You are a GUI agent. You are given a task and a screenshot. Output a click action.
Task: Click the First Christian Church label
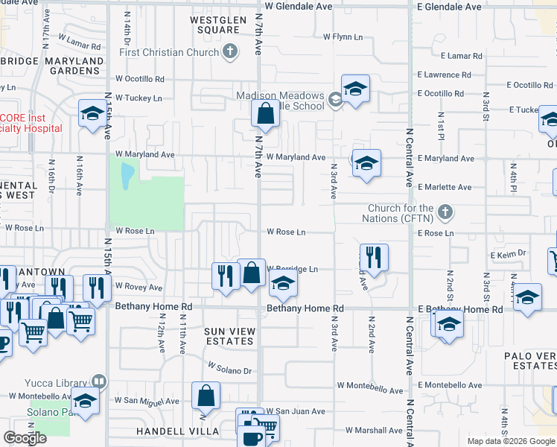click(x=169, y=52)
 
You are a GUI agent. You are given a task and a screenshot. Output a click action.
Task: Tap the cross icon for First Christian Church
click(x=230, y=51)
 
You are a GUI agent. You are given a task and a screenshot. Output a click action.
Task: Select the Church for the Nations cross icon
click(x=445, y=212)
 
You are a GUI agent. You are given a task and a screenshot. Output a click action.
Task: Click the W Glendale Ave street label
click(x=298, y=6)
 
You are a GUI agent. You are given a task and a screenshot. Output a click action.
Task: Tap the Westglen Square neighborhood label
click(x=214, y=25)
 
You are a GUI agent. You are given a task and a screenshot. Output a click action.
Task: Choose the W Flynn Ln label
click(x=343, y=36)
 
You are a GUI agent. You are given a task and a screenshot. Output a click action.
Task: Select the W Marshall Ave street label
click(x=374, y=431)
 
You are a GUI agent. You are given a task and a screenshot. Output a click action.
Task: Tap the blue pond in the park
click(x=127, y=173)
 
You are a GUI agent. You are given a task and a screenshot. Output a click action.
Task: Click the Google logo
click(x=25, y=438)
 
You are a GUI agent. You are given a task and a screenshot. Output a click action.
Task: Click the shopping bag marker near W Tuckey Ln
click(x=265, y=114)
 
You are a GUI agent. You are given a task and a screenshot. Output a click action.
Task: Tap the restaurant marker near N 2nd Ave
click(x=374, y=257)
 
